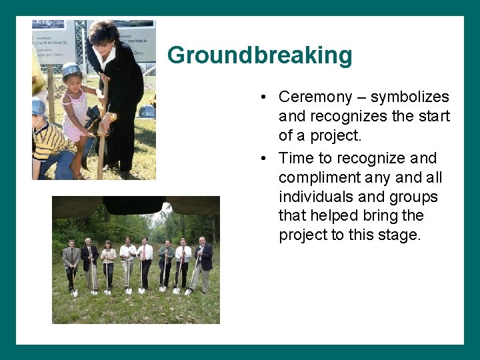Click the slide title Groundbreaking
[259, 55]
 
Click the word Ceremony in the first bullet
[315, 97]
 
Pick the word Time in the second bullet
[294, 159]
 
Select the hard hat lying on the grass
[147, 111]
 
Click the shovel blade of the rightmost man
[188, 291]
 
